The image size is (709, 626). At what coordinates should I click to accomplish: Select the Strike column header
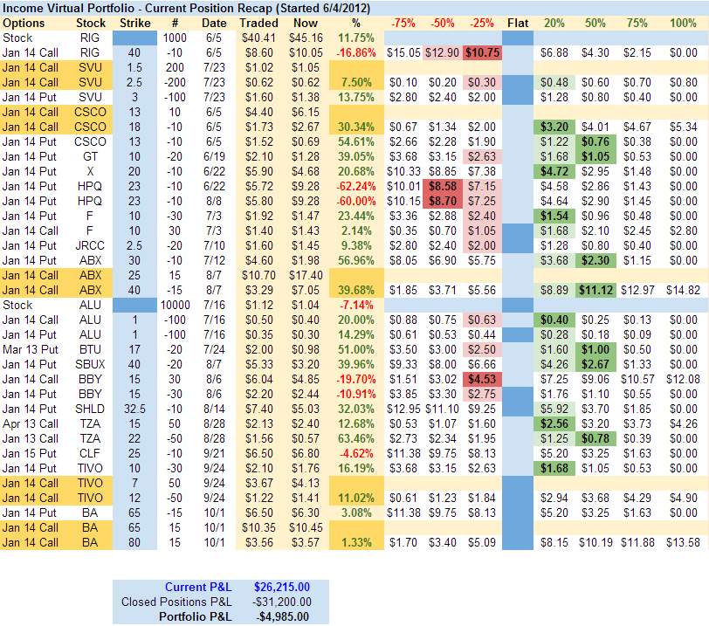tap(134, 22)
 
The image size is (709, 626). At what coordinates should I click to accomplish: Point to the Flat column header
tap(517, 22)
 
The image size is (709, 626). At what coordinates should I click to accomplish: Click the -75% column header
tap(403, 22)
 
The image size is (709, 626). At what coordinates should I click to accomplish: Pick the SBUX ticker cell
tap(91, 363)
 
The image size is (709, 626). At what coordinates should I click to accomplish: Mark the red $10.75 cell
tap(482, 53)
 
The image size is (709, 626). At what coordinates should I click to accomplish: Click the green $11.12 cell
tap(594, 289)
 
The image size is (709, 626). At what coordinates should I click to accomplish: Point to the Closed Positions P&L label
tap(179, 601)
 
